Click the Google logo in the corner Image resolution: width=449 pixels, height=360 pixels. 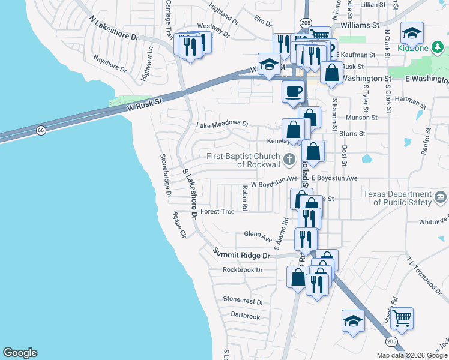20,353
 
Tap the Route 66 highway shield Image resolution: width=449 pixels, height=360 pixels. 40,130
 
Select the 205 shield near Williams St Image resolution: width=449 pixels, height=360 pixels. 306,23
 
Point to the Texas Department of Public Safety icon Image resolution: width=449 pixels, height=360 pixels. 440,197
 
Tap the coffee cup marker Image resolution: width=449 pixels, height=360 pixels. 293,92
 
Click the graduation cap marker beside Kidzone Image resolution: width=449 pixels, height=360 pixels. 412,33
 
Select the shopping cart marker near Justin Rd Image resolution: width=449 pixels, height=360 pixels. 402,318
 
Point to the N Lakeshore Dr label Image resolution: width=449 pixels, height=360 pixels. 113,28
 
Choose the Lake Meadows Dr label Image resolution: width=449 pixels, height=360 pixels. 222,124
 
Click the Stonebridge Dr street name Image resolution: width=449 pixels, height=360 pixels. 166,176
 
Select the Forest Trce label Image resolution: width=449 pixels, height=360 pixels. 217,211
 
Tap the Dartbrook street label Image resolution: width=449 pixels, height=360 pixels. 245,316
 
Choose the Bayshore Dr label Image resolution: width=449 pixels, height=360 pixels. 110,64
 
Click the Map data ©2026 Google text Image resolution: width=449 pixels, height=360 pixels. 411,355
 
